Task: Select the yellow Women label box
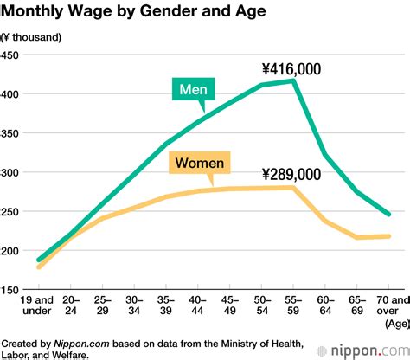200,162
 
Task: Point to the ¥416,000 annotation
291,68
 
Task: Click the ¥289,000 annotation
291,174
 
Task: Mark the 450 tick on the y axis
11,55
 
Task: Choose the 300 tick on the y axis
11,173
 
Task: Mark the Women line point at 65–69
356,237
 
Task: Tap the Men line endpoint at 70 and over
388,215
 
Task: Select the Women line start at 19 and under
39,267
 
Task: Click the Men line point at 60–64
326,156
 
